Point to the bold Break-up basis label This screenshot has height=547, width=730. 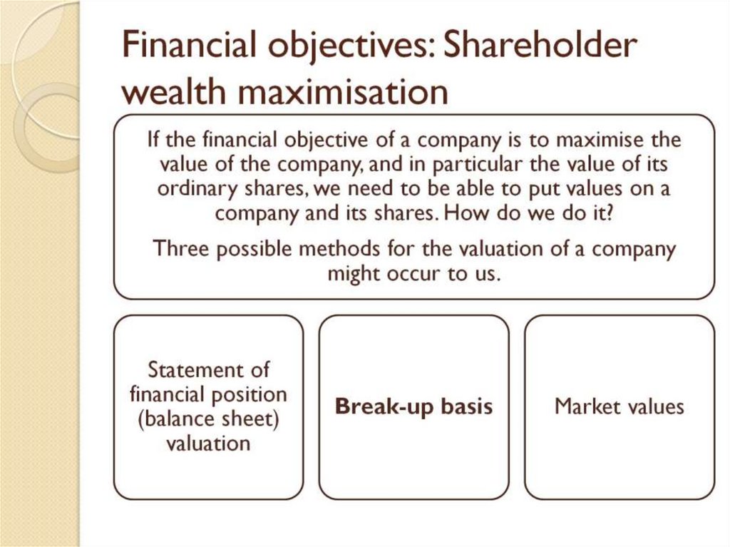pyautogui.click(x=413, y=407)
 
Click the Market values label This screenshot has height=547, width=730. pyautogui.click(x=619, y=407)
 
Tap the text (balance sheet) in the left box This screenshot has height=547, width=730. pyautogui.click(x=208, y=419)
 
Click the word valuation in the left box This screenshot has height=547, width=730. pyautogui.click(x=208, y=443)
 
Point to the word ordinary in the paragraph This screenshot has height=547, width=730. pyautogui.click(x=185, y=190)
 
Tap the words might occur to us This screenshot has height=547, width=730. pyautogui.click(x=413, y=274)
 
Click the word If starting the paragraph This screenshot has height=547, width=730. pyautogui.click(x=153, y=139)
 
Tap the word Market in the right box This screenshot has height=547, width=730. pyautogui.click(x=584, y=407)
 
